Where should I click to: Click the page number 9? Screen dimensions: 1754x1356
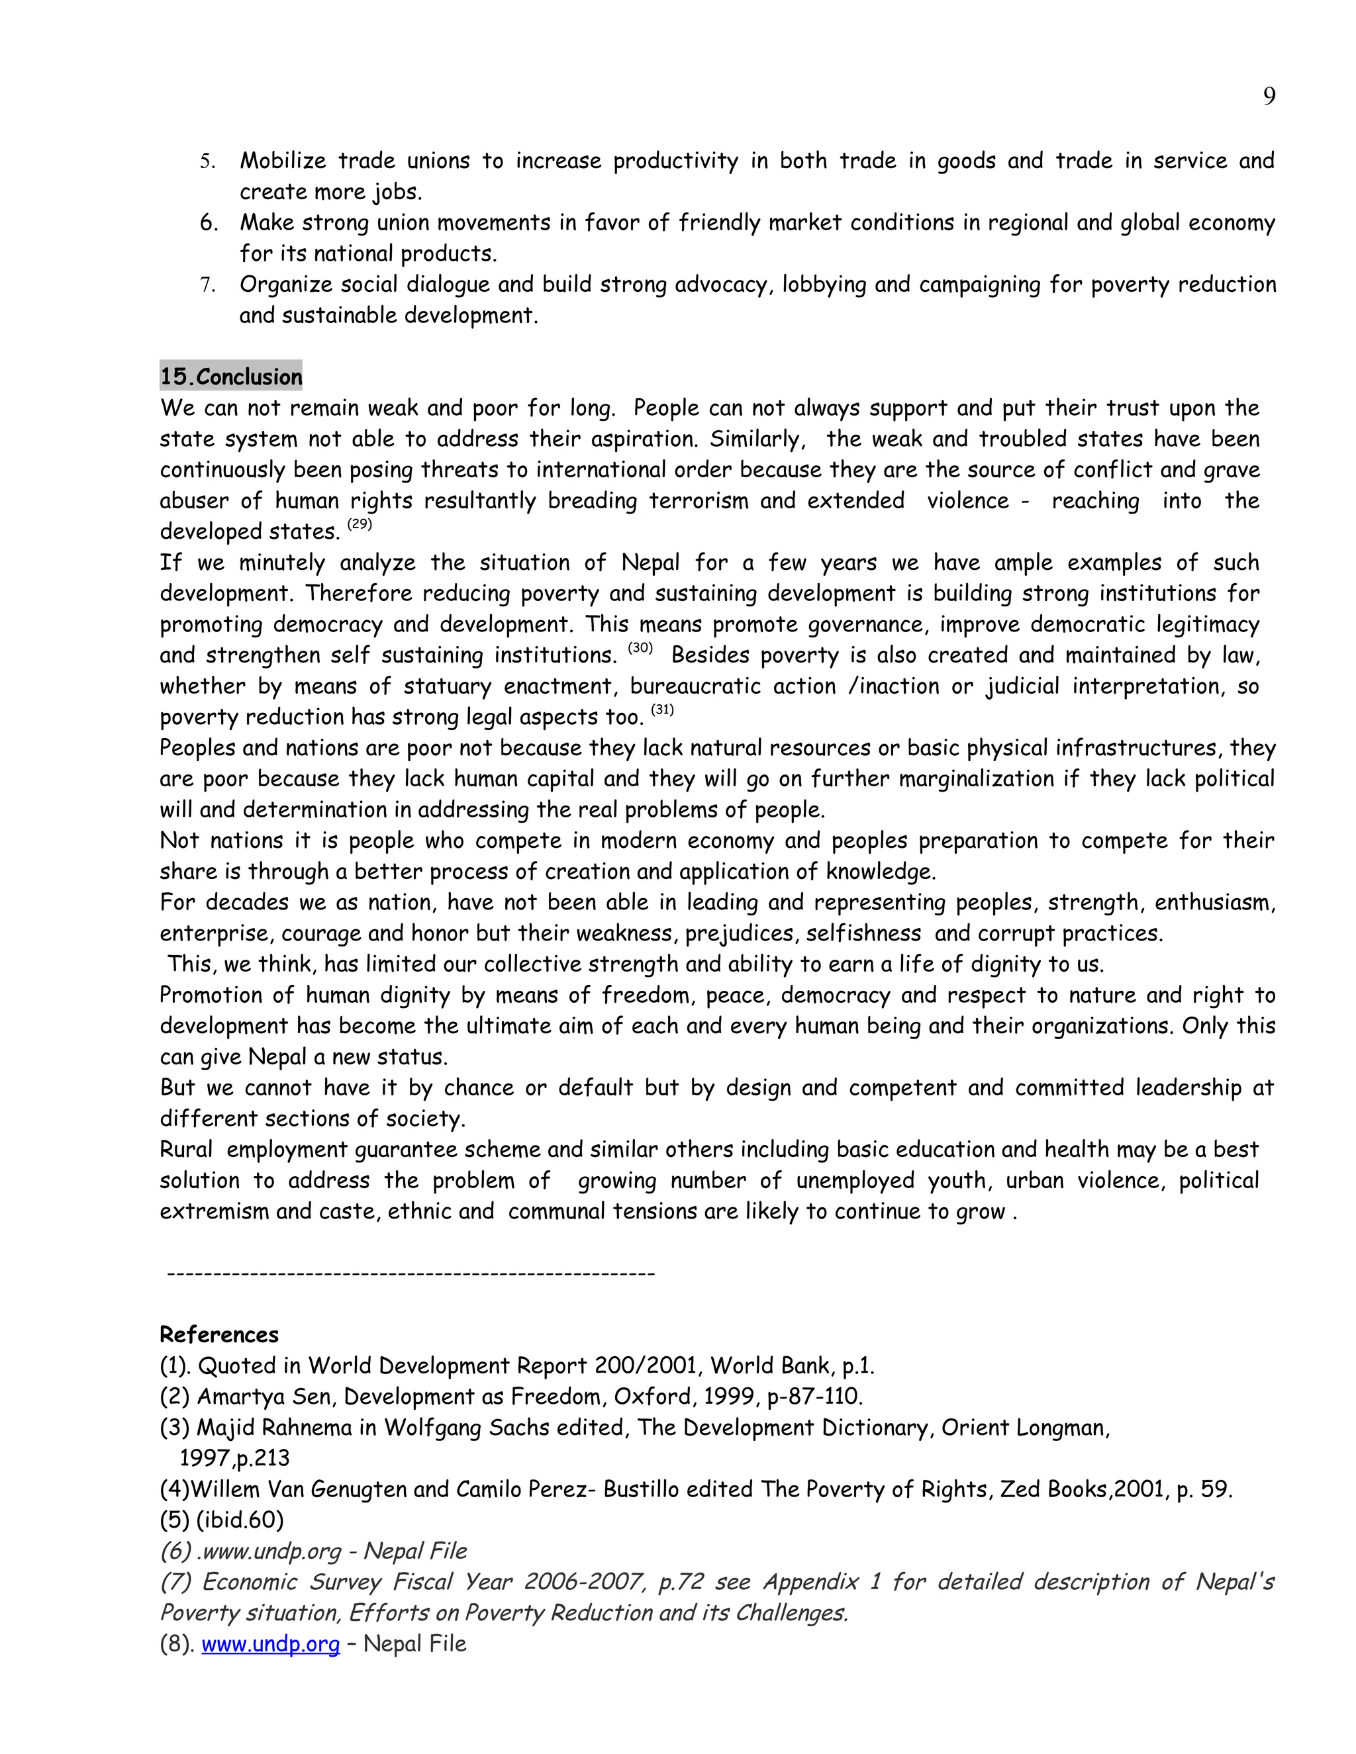1269,97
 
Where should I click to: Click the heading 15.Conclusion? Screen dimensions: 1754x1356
231,377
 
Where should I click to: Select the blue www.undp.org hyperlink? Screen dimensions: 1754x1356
270,1644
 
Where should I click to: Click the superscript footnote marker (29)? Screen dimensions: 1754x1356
360,524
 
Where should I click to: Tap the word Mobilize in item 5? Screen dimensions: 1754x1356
283,161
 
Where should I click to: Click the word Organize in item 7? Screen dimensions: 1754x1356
285,285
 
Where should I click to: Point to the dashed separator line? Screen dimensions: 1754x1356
411,1273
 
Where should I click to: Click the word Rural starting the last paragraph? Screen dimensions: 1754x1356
185,1149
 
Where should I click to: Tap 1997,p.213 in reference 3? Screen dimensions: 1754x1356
234,1458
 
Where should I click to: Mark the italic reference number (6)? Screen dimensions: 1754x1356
174,1551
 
